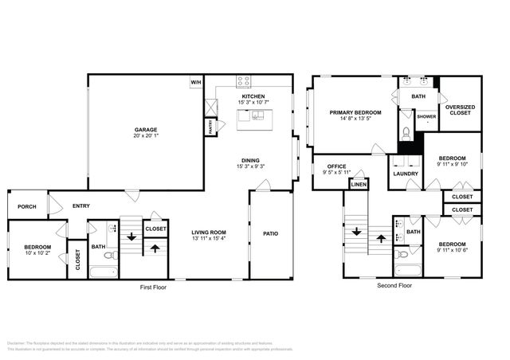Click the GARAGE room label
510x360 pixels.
tap(145, 129)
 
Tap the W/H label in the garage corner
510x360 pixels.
tap(196, 82)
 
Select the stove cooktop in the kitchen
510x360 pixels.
tap(244, 81)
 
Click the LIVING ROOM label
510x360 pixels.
tap(209, 233)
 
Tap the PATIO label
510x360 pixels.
tap(270, 233)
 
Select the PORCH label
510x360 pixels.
tap(26, 206)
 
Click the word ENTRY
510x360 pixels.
tap(80, 206)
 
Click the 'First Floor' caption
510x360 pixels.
tap(155, 285)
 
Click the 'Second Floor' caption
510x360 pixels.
tap(395, 284)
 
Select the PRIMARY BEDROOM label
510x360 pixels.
tap(355, 113)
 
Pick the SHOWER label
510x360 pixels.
tap(426, 117)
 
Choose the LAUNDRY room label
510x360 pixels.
tap(405, 173)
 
